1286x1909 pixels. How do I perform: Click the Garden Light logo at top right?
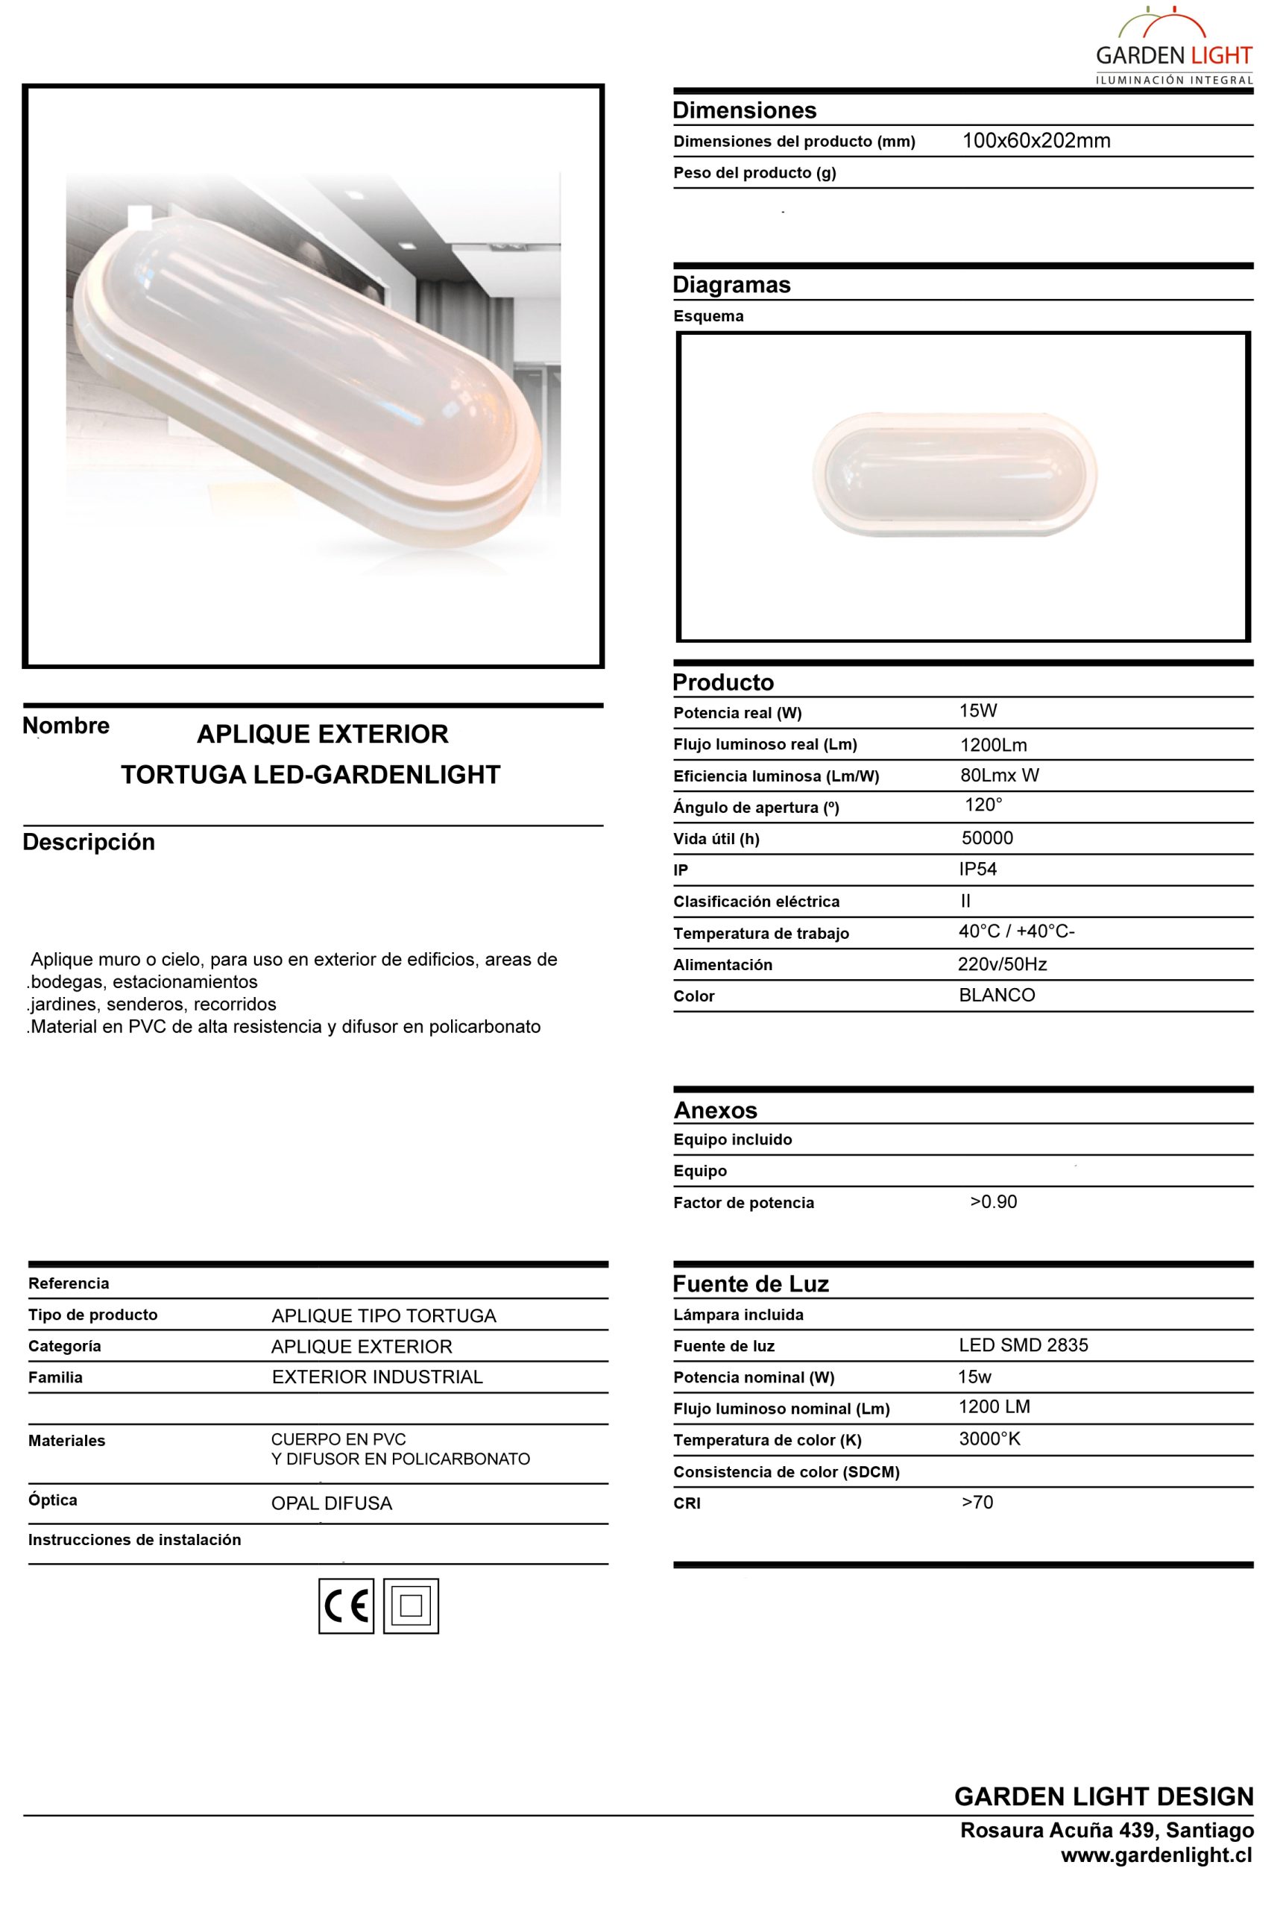coord(1173,48)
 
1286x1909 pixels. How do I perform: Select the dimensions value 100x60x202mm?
coord(1036,141)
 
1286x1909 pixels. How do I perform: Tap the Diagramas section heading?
coord(731,285)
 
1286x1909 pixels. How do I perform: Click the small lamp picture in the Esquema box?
coord(955,475)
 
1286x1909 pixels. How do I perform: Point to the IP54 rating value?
coord(977,869)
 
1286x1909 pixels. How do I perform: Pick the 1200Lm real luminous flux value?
coord(993,745)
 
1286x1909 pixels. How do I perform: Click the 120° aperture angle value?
coord(983,805)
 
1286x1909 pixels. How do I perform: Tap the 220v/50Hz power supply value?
coord(1002,964)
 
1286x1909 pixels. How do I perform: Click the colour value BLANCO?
coord(997,995)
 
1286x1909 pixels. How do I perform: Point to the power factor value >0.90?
coord(993,1202)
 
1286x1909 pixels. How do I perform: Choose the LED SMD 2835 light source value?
coord(1024,1345)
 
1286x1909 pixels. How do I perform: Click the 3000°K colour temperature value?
coord(990,1438)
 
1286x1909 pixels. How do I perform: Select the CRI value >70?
coord(977,1502)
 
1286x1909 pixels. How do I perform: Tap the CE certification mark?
coord(346,1605)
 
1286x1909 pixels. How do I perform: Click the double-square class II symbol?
coord(411,1605)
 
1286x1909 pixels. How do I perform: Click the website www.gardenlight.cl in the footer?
coord(1156,1855)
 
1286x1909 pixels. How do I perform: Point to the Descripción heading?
coord(89,842)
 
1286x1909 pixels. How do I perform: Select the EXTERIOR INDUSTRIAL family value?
coord(377,1377)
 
